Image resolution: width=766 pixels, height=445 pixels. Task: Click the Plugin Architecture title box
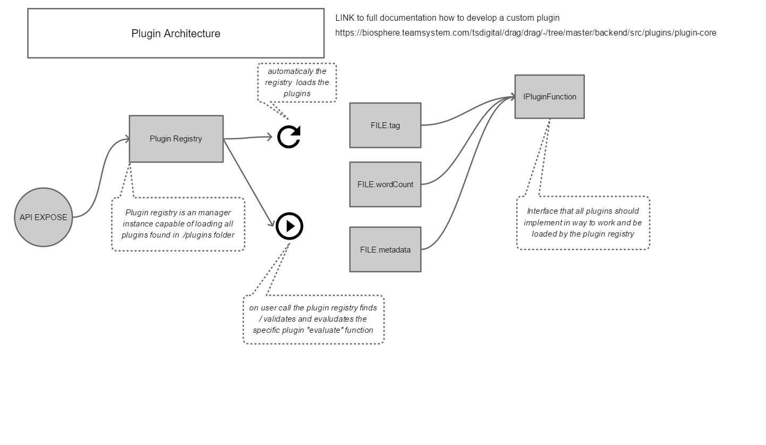[x=175, y=33]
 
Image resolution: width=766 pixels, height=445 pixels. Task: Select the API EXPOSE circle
[x=43, y=217]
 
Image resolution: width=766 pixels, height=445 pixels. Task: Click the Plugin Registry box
[x=176, y=139]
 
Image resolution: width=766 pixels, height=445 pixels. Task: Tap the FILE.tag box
[x=385, y=125]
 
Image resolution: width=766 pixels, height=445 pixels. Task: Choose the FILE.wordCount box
[x=385, y=184]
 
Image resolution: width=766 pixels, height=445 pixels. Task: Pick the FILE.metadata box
[x=385, y=249]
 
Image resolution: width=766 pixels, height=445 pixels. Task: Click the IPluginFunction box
[x=549, y=97]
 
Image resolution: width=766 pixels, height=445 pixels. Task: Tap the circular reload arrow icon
[x=289, y=137]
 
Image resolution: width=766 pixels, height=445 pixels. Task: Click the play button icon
[x=290, y=226]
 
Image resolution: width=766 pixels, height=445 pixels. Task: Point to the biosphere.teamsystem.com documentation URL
[x=525, y=33]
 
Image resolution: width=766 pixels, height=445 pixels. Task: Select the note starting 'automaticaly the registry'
[x=297, y=82]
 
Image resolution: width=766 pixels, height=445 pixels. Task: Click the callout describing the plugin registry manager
[x=178, y=224]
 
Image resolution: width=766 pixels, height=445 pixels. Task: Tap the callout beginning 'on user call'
[x=313, y=319]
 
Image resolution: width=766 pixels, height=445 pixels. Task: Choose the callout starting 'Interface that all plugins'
[x=583, y=222]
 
